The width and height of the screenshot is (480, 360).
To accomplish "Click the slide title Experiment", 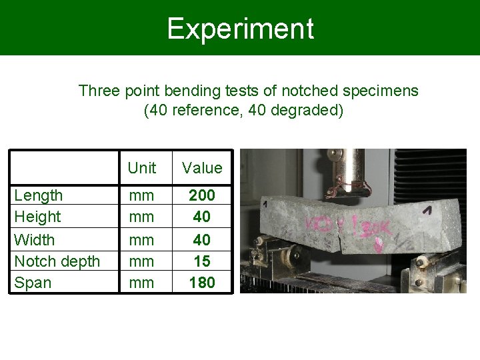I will tap(240, 29).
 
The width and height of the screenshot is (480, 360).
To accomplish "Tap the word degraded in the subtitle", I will tap(308, 109).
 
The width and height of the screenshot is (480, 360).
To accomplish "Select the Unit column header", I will tap(141, 168).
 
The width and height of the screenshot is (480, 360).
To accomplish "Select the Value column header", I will tap(202, 168).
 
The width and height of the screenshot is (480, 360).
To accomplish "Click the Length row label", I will tap(39, 195).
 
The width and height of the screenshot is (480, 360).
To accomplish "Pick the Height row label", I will tap(37, 217).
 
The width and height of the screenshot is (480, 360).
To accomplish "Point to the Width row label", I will tap(35, 239).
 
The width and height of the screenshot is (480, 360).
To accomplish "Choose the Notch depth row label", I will tap(57, 261).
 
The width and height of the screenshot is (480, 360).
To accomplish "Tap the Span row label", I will tap(33, 283).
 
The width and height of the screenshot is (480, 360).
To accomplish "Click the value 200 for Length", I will tap(202, 195).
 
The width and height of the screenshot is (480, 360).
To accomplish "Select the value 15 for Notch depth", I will tap(202, 261).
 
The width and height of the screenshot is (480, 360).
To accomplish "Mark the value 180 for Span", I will tap(202, 283).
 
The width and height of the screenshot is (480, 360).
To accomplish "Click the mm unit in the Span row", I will tap(141, 283).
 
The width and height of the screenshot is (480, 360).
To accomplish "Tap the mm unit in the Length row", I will tap(141, 195).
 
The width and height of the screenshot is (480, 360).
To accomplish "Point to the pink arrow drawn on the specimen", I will tap(379, 245).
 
